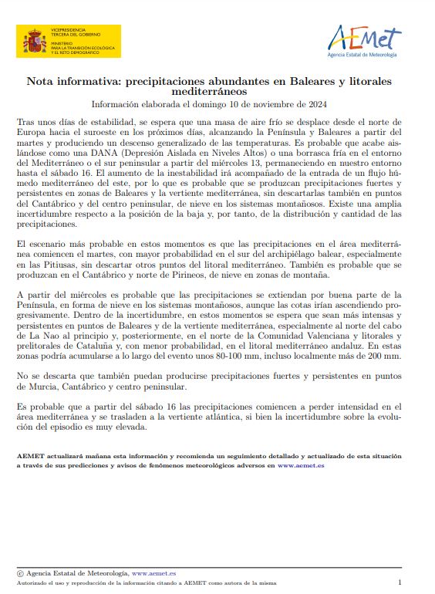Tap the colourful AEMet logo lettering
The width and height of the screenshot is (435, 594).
coord(364,36)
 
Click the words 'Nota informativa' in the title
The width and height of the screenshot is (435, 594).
coord(73,80)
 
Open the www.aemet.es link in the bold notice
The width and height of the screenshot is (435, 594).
coord(301,466)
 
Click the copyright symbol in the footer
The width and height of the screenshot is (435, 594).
coord(20,574)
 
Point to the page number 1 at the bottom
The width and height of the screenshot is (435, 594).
coord(400,583)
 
